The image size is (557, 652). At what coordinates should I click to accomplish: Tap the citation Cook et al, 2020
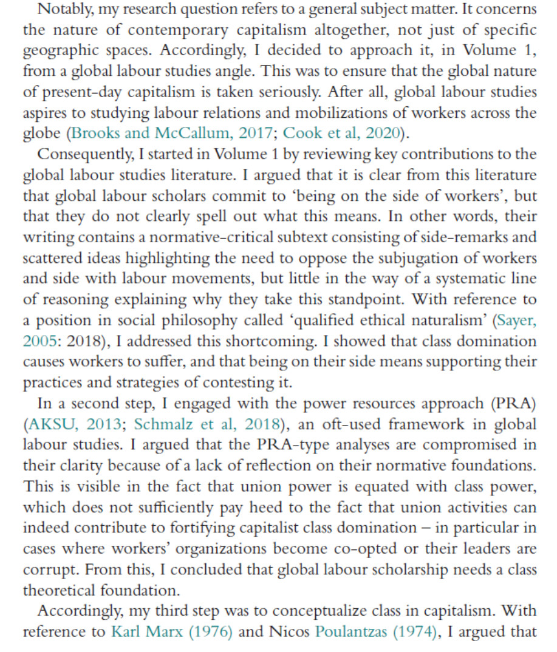pos(343,134)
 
